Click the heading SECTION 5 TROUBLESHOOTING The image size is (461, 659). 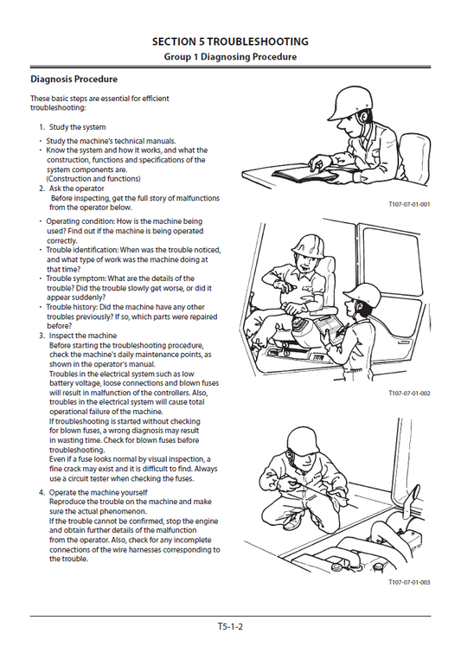coord(230,42)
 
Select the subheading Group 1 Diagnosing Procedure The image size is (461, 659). coord(230,57)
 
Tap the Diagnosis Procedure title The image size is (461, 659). coord(74,80)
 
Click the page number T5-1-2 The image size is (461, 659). coord(230,626)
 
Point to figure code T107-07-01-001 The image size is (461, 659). coord(409,204)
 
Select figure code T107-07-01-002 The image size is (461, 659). coord(409,393)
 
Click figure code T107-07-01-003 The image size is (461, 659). coord(409,582)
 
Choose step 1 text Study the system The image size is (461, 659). coord(77,127)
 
